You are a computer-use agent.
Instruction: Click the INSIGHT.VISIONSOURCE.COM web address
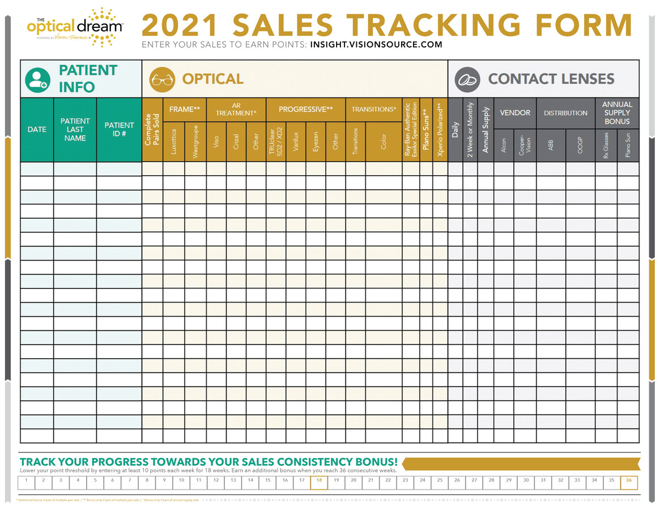[376, 44]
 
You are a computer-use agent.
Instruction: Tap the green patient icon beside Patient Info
[37, 80]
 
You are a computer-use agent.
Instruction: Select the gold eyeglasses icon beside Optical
[162, 80]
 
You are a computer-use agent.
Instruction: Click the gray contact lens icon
[468, 80]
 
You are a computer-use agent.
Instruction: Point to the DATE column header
[37, 130]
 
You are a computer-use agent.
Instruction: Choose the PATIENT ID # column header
[119, 130]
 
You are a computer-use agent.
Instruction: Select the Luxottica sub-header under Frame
[174, 142]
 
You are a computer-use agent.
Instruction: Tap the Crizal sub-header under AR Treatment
[236, 142]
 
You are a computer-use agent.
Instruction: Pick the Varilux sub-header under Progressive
[296, 142]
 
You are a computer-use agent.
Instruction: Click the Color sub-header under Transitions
[384, 142]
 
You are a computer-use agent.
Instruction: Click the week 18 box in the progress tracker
[319, 482]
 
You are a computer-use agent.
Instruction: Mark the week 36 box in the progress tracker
[629, 482]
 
